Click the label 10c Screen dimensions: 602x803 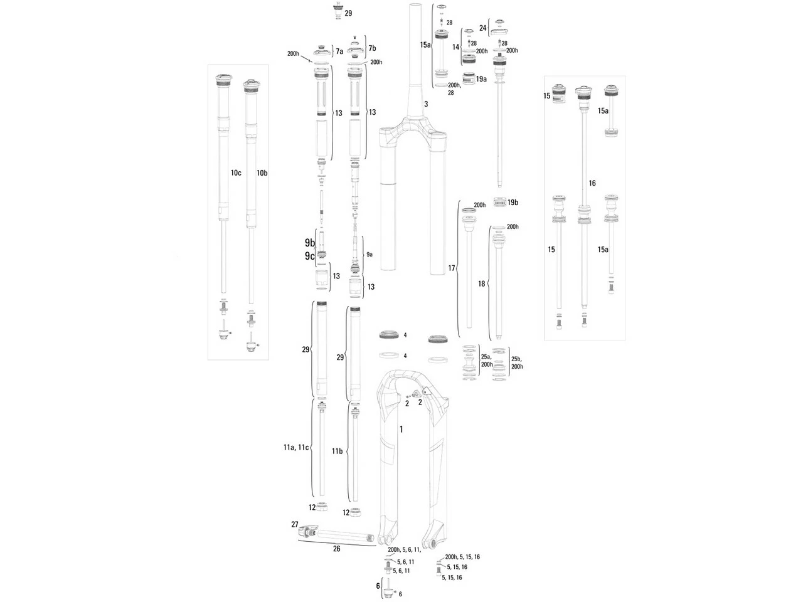tap(235, 172)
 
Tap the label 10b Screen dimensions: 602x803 tap(262, 172)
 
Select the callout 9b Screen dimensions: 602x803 tap(309, 243)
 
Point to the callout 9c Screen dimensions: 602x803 tap(309, 256)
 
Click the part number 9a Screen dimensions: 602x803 tap(370, 254)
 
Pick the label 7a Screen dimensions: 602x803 tap(339, 51)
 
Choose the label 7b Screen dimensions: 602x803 tap(372, 48)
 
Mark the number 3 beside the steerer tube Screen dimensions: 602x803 tap(425, 103)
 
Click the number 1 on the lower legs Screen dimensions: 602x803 tap(401, 429)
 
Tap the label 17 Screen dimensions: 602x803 tap(451, 268)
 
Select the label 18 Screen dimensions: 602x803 tap(481, 284)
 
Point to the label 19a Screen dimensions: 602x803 tap(481, 79)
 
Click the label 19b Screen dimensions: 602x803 tap(513, 203)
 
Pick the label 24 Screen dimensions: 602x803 tap(482, 28)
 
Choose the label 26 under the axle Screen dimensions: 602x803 tap(336, 549)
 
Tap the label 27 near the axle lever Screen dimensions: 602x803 tap(294, 524)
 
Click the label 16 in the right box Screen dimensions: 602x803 tap(592, 183)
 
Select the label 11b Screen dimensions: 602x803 tap(337, 451)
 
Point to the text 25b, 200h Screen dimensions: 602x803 tap(516, 362)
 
